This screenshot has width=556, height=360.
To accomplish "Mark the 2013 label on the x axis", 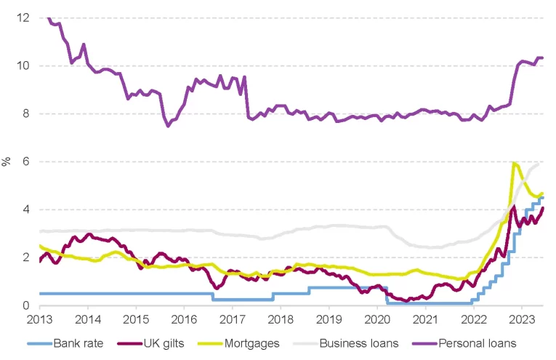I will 39,319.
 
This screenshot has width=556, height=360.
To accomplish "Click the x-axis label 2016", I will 184,319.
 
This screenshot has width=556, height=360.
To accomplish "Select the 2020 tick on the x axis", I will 377,319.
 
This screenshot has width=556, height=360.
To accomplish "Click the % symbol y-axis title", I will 7,161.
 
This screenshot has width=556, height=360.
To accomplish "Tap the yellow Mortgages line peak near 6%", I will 515,163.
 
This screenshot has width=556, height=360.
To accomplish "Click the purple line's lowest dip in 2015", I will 168,126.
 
